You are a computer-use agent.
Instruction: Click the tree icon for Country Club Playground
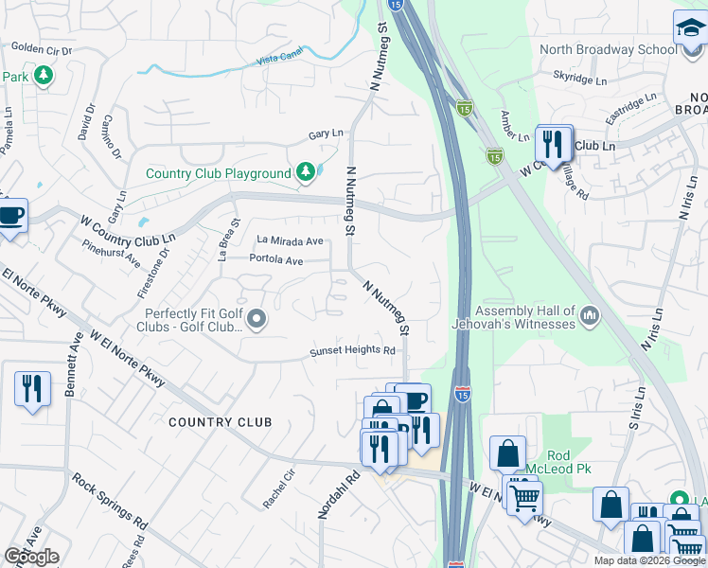305,171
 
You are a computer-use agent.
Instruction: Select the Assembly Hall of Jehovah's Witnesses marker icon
590,314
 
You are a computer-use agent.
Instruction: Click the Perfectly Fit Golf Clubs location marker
256,322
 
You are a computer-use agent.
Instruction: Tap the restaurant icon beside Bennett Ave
32,389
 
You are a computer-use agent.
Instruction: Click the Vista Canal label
280,60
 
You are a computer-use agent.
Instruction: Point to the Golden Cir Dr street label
42,47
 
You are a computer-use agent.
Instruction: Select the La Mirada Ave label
284,240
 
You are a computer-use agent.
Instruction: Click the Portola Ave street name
276,259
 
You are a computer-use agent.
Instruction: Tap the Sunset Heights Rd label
353,351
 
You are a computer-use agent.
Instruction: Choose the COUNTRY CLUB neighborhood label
221,422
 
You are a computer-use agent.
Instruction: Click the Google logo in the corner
31,557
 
